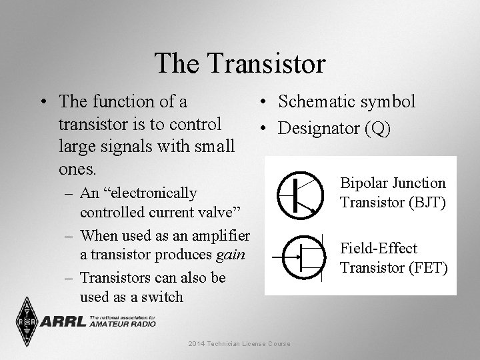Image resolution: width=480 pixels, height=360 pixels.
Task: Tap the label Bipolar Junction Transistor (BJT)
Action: click(393, 192)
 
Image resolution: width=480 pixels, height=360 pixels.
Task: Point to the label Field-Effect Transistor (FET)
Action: click(393, 258)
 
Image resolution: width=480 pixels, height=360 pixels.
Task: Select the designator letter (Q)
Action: click(378, 128)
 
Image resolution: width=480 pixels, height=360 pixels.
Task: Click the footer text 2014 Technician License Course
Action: click(239, 344)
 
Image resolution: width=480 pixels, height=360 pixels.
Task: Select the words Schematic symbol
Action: click(347, 101)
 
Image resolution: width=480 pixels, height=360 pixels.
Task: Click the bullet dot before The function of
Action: click(43, 103)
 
